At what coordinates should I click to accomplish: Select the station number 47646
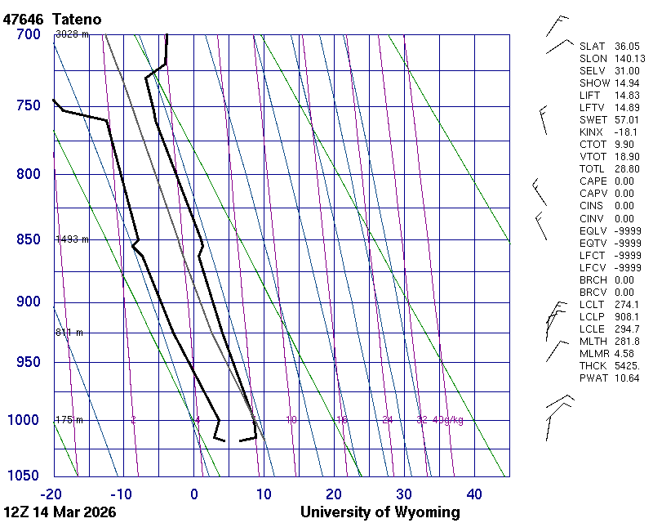pyautogui.click(x=24, y=19)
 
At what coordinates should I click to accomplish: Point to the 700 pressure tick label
pyautogui.click(x=29, y=34)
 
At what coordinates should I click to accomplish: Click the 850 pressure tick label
pyautogui.click(x=29, y=239)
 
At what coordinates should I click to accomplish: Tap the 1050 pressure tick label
pyautogui.click(x=24, y=476)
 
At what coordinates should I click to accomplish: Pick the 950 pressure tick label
pyautogui.click(x=29, y=362)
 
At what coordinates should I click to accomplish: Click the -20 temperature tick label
pyautogui.click(x=52, y=494)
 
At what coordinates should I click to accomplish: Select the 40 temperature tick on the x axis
pyautogui.click(x=474, y=494)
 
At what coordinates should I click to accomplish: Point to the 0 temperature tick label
pyautogui.click(x=194, y=494)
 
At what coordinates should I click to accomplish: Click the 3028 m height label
pyautogui.click(x=72, y=34)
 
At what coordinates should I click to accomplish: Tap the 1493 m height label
pyautogui.click(x=72, y=239)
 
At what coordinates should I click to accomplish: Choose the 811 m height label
pyautogui.click(x=69, y=333)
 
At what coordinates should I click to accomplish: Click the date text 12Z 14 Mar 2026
pyautogui.click(x=60, y=512)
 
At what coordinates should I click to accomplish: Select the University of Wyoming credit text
pyautogui.click(x=380, y=512)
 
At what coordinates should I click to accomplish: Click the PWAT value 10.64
pyautogui.click(x=626, y=378)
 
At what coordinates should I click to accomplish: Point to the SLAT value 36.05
pyautogui.click(x=626, y=47)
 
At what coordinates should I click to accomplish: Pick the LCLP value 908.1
pyautogui.click(x=626, y=316)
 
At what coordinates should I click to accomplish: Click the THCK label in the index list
pyautogui.click(x=591, y=365)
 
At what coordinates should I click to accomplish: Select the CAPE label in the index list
pyautogui.click(x=591, y=181)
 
